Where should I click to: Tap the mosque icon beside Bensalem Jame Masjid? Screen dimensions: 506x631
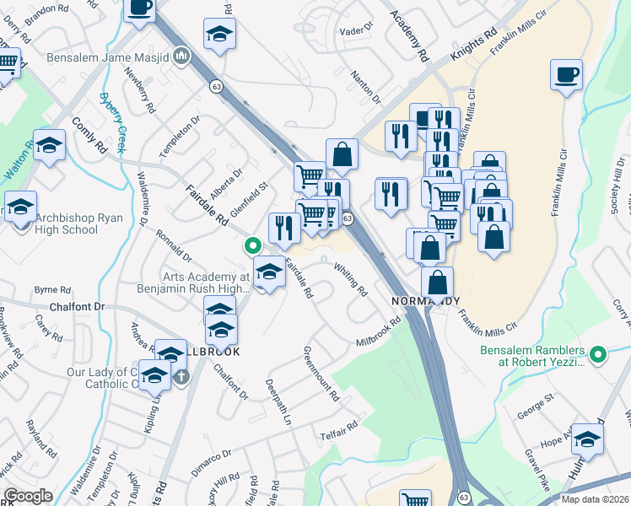[x=181, y=57]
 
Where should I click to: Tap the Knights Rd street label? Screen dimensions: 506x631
[x=474, y=46]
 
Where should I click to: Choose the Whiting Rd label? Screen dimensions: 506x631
[x=351, y=281]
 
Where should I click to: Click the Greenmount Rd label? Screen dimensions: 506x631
[x=321, y=373]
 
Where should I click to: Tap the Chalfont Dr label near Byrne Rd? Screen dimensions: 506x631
[x=76, y=307]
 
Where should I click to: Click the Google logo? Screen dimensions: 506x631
[x=28, y=496]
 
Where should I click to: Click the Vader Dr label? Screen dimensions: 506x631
[x=355, y=29]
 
